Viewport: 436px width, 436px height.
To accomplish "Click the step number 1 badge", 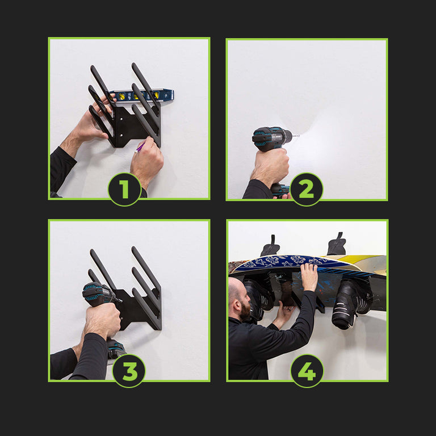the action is coord(124,190).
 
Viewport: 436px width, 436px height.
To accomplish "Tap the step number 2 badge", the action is coord(307,190).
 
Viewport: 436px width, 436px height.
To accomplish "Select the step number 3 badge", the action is coord(129,371).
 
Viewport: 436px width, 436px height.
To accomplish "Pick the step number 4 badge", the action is coord(307,371).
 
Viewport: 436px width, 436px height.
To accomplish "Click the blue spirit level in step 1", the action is coord(142,95).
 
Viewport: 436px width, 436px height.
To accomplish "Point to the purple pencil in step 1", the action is coord(140,148).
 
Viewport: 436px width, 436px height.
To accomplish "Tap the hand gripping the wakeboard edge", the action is coord(309,276).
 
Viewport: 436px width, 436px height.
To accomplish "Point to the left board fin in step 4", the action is coord(270,246).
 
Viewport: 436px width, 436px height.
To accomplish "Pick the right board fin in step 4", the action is coord(337,244).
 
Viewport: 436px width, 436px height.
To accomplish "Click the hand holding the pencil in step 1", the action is coord(146,161).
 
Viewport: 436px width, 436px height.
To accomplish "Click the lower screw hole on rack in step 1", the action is coord(121,136).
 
